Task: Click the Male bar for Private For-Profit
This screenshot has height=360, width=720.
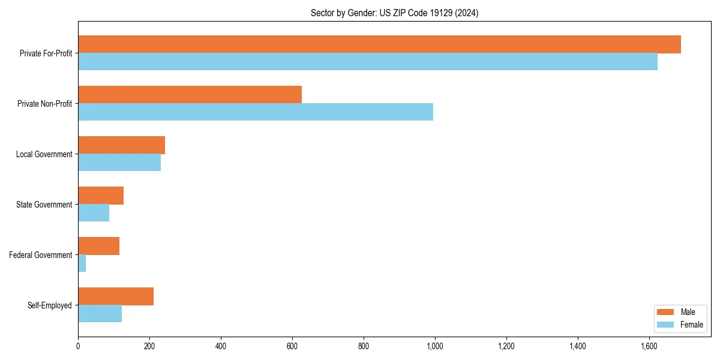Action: click(x=379, y=44)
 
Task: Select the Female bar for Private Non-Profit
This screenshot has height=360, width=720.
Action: click(x=256, y=112)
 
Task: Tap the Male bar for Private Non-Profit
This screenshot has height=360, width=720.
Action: click(x=190, y=95)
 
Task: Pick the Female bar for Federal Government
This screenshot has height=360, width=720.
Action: click(x=82, y=263)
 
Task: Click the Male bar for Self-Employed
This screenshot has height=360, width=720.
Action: click(x=116, y=296)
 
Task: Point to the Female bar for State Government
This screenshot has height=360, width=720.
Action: click(x=94, y=213)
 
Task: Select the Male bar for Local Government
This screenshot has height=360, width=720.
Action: click(x=121, y=145)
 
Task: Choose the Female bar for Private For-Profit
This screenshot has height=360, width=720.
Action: click(x=368, y=62)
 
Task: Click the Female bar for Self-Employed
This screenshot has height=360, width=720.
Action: click(x=100, y=314)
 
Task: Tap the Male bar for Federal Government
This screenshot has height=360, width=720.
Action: click(x=98, y=246)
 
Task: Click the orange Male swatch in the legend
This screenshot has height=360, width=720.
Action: click(x=666, y=312)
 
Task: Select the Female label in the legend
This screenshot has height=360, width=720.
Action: click(x=692, y=325)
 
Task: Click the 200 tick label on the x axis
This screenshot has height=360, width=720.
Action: click(x=149, y=346)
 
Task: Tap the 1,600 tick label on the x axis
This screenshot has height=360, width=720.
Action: click(x=649, y=346)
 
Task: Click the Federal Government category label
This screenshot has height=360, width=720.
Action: click(x=41, y=255)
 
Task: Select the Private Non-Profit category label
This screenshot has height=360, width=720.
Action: click(x=44, y=104)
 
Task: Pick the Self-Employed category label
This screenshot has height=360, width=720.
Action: click(x=50, y=305)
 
